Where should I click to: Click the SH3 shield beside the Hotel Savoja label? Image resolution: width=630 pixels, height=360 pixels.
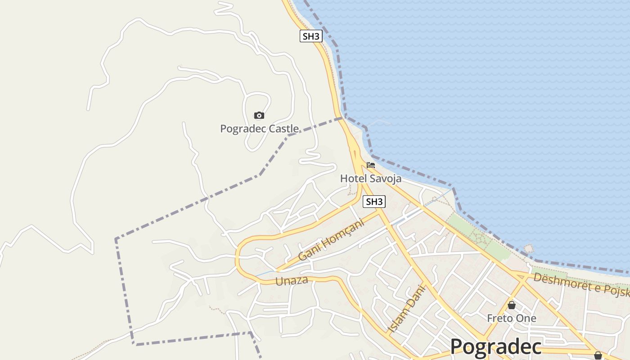(374, 202)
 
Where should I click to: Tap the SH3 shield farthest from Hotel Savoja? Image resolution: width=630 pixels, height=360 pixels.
(311, 36)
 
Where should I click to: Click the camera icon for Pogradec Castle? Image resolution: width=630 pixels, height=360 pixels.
(259, 116)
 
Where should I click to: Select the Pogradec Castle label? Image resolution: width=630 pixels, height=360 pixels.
(259, 129)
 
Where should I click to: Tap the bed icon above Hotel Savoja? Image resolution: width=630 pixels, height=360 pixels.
(371, 165)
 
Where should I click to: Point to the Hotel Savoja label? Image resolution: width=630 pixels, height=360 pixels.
(370, 179)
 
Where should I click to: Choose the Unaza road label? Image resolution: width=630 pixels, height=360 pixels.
(292, 281)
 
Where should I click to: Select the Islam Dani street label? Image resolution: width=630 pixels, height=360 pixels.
(406, 309)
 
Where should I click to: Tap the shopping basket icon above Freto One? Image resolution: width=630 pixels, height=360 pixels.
(512, 305)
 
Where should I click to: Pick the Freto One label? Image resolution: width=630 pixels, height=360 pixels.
(512, 318)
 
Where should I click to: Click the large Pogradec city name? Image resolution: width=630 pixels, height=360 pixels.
(496, 346)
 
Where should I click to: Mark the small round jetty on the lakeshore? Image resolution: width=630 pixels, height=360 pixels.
(529, 248)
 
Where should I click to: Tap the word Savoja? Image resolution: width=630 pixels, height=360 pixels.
(386, 179)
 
